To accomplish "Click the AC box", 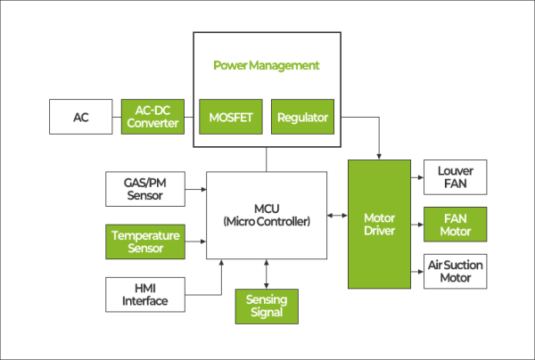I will coord(81,117).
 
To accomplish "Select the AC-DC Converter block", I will coord(152,117).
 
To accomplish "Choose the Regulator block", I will coord(302,117).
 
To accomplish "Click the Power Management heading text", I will coord(266,66).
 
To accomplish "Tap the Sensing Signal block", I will coord(267,307).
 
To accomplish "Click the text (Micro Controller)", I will coord(267,221).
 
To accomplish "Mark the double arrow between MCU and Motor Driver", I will coord(338,216).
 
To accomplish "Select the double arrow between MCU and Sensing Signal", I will coord(267,274).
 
